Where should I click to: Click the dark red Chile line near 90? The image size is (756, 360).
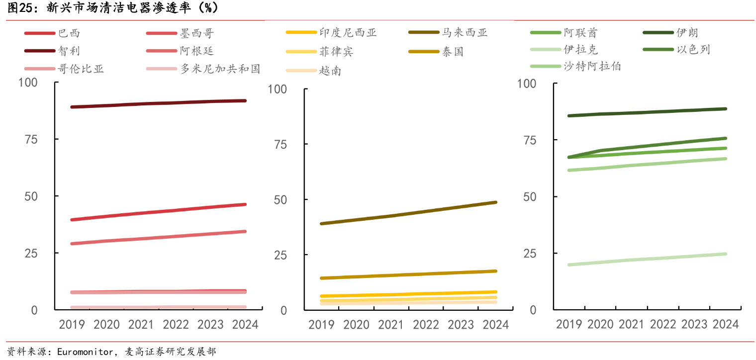click(159, 103)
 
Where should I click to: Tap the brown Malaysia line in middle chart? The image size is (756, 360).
click(408, 213)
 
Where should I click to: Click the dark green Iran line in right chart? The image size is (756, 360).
click(647, 112)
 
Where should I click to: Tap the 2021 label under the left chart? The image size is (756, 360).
click(141, 325)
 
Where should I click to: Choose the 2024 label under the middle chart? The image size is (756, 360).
click(495, 325)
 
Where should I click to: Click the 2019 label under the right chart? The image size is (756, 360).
click(569, 324)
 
